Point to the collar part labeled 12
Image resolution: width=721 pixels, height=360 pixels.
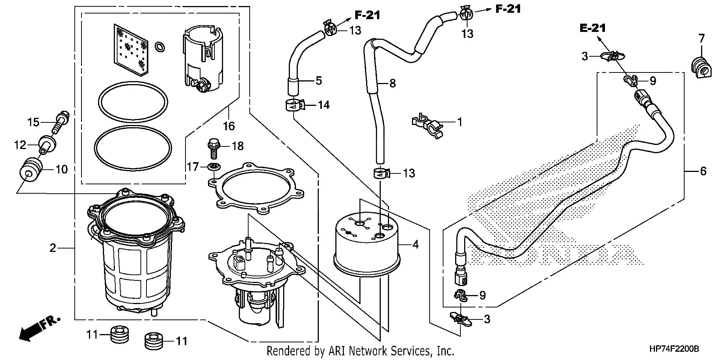pos(47,145)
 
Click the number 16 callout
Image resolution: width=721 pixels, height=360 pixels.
pos(229,126)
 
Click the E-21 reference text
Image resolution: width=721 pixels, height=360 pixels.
pos(593,28)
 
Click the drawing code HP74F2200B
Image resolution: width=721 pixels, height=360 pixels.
pos(674,349)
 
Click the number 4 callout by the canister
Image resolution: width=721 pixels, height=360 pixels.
pos(415,245)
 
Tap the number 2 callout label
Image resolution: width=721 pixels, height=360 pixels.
pos(53,248)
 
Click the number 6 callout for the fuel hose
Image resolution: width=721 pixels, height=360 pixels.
pos(703,172)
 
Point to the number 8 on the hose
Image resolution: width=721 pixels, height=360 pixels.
pos(392,83)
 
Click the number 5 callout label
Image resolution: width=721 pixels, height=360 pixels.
pos(318,80)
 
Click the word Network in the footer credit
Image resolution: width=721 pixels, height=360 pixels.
pos(368,351)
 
